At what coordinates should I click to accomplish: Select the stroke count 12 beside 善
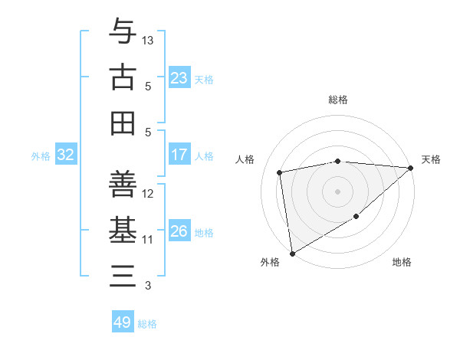[x=148, y=194]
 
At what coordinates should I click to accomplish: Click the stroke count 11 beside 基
[x=148, y=239]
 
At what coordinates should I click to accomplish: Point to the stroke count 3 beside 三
[x=148, y=286]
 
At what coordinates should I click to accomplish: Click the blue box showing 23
[x=179, y=78]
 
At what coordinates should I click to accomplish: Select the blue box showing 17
[x=179, y=155]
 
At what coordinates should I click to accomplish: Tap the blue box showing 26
[x=179, y=231]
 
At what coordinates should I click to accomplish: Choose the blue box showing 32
[x=66, y=155]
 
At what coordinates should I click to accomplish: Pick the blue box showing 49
[x=122, y=322]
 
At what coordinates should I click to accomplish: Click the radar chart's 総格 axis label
[x=338, y=100]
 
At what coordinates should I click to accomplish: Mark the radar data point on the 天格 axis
[x=410, y=169]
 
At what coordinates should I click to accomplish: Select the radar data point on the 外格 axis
[x=292, y=253]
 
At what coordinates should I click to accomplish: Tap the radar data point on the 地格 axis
[x=356, y=218]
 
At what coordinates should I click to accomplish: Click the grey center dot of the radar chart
[x=337, y=191]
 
